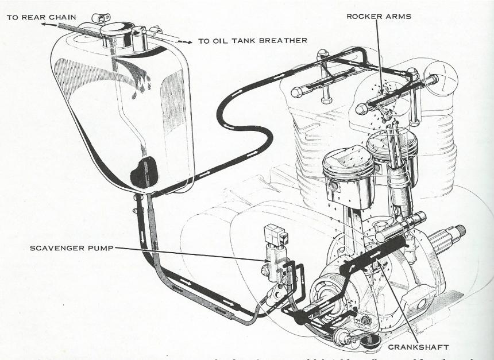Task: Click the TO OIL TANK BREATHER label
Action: click(252, 41)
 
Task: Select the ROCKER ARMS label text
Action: click(379, 16)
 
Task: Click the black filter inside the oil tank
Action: click(144, 172)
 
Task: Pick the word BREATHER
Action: click(283, 41)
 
